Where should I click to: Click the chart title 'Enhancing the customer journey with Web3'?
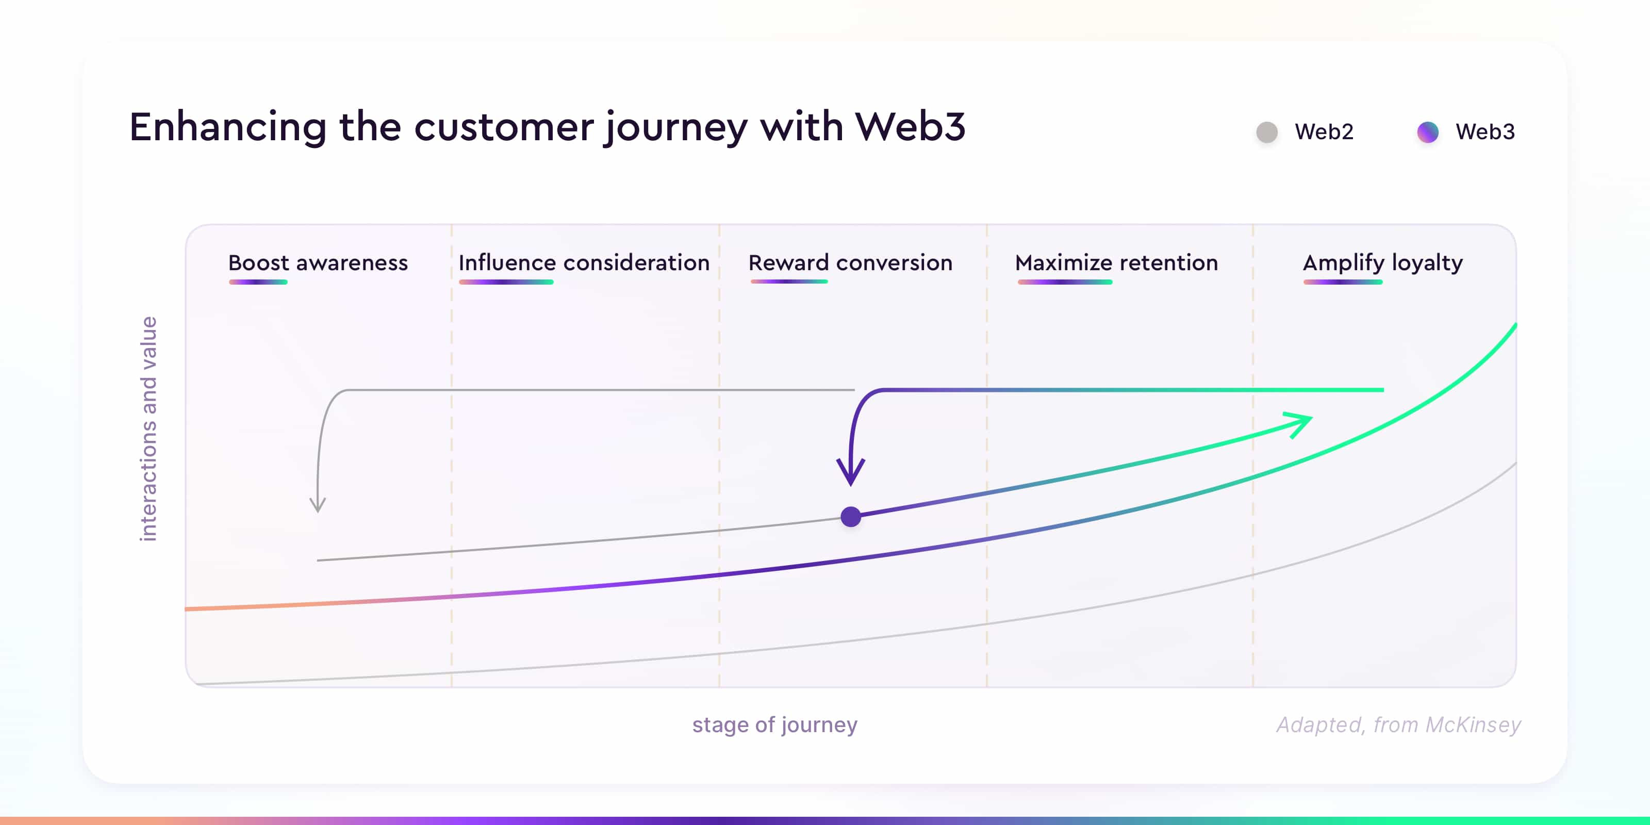547,127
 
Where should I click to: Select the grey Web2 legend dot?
1267,132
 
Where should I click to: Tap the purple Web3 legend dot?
1428,132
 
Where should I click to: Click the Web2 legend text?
1324,132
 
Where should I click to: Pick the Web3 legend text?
1485,132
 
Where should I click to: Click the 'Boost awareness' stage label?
318,262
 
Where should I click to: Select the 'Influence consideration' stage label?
584,262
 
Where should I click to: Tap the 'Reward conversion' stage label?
851,262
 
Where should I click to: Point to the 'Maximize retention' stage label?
1116,262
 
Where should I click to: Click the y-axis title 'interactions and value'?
148,428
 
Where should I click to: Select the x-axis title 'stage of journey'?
774,724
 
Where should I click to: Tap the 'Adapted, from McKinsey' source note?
1398,724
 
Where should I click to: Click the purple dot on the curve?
851,516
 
